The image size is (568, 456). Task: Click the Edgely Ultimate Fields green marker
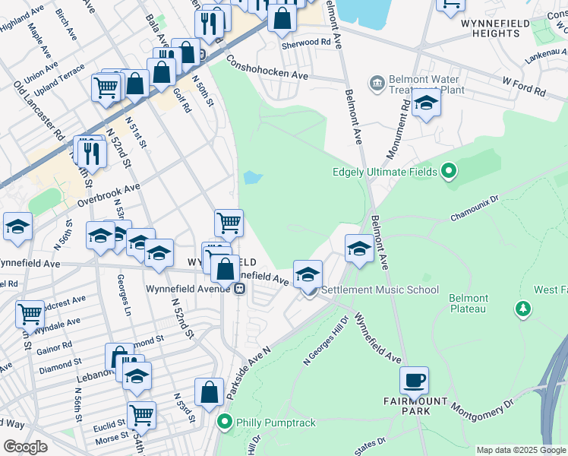click(x=448, y=172)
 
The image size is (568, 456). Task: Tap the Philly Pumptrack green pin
click(x=224, y=421)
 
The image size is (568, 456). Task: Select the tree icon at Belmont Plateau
click(x=522, y=308)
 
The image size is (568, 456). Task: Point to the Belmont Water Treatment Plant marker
click(x=376, y=82)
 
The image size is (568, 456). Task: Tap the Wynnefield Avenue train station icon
click(x=238, y=289)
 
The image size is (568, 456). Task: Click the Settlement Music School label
click(x=380, y=290)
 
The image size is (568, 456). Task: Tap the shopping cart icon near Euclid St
click(x=141, y=414)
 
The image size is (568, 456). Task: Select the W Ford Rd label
click(x=523, y=86)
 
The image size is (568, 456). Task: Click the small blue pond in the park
click(x=252, y=179)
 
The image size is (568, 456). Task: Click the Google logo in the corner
click(x=25, y=447)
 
